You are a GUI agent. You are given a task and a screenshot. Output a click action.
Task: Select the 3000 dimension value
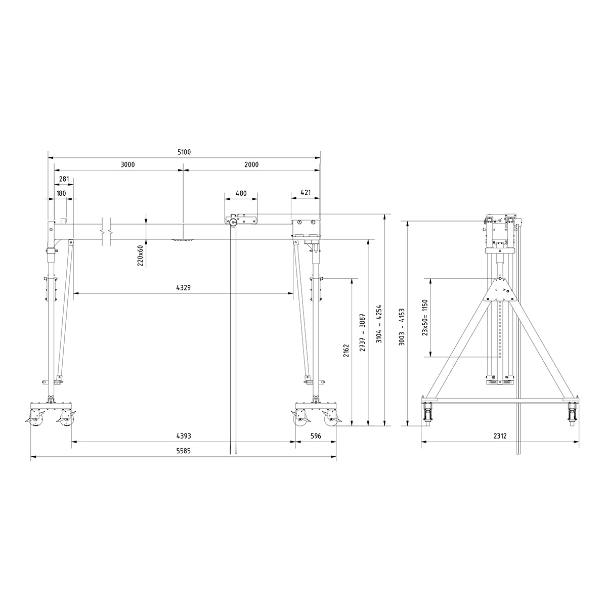127,165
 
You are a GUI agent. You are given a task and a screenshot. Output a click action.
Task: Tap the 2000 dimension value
251,165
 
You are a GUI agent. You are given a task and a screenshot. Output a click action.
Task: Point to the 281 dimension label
64,179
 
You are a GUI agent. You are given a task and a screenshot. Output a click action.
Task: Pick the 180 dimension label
61,193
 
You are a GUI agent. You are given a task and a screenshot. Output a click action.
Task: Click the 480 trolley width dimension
241,193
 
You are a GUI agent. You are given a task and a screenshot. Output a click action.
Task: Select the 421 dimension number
306,193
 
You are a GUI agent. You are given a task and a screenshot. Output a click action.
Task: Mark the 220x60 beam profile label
141,255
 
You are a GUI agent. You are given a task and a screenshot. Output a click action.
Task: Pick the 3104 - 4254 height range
379,324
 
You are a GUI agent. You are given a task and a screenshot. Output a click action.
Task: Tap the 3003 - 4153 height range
402,327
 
